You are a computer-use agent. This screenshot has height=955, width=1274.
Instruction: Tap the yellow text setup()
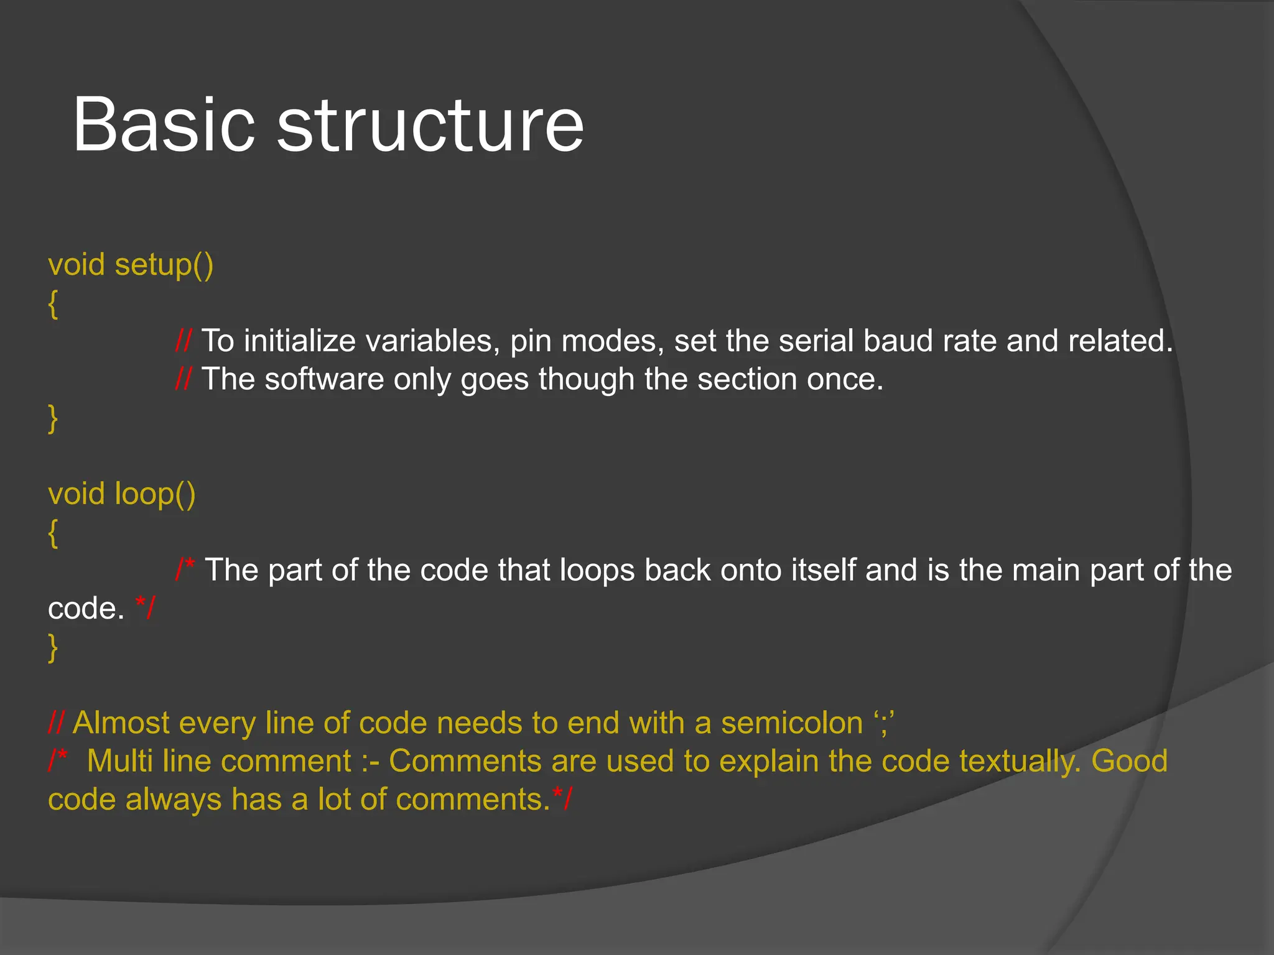pyautogui.click(x=164, y=265)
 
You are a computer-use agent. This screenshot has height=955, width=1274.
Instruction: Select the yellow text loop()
pyautogui.click(x=155, y=495)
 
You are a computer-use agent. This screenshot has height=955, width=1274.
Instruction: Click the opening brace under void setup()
pyautogui.click(x=53, y=305)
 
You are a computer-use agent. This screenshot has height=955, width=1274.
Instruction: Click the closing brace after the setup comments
pyautogui.click(x=53, y=418)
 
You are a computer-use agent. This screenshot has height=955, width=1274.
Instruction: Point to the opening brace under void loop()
pyautogui.click(x=53, y=533)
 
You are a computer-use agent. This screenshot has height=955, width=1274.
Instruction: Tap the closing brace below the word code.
pyautogui.click(x=53, y=648)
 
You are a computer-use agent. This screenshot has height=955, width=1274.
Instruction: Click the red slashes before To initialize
pyautogui.click(x=184, y=341)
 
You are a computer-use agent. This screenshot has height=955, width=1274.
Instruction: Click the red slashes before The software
pyautogui.click(x=184, y=379)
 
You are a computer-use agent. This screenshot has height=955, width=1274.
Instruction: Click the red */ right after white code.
pyautogui.click(x=146, y=607)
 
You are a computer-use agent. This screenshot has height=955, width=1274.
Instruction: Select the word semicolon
pyautogui.click(x=791, y=723)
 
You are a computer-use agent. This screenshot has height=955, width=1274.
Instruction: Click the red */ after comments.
pyautogui.click(x=562, y=799)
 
